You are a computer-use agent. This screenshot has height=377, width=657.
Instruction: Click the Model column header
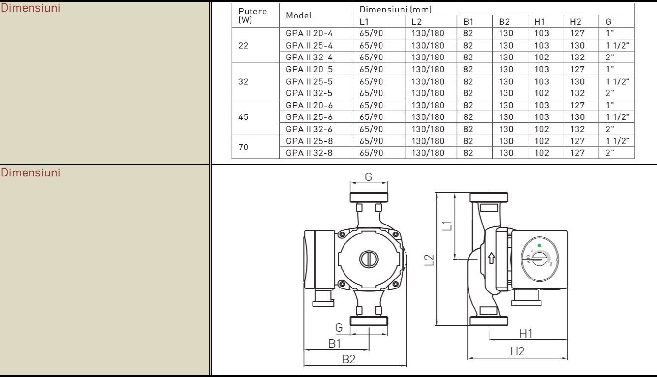(299, 15)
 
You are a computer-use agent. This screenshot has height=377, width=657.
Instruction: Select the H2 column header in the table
(575, 22)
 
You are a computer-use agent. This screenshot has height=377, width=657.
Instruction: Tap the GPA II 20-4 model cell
(309, 33)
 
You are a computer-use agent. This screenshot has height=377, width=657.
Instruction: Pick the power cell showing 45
(243, 117)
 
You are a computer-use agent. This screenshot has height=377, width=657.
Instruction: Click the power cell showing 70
(243, 147)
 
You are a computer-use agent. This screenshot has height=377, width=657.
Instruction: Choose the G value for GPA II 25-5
(618, 81)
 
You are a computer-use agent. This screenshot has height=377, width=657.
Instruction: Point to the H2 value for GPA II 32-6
(577, 129)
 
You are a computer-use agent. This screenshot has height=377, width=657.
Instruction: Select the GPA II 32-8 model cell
(309, 153)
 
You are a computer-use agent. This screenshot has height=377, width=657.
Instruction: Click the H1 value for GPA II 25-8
(541, 141)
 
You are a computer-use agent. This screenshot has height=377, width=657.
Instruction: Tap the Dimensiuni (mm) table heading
(395, 9)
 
